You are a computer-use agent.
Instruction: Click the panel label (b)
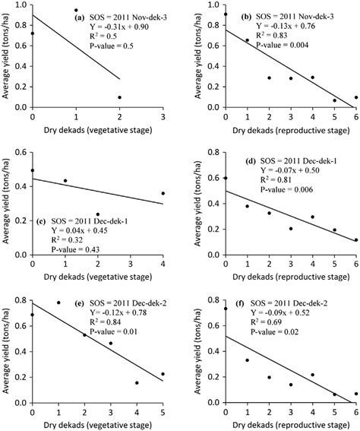coord(253,15)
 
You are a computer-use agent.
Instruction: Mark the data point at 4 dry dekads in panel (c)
coord(163,193)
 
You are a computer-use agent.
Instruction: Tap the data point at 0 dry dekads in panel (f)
coord(226,309)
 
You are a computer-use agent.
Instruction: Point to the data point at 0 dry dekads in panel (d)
coord(226,178)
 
